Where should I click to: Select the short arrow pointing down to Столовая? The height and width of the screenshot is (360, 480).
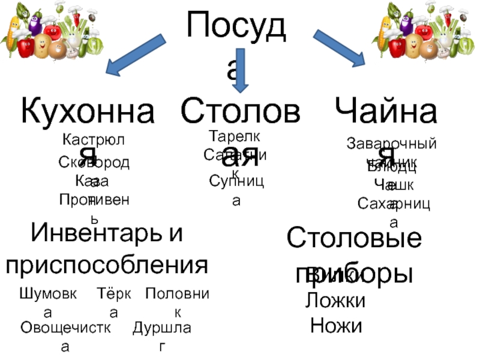(x=239, y=72)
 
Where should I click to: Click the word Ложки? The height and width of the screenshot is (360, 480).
(x=335, y=300)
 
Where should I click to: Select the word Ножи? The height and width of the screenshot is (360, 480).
(x=336, y=326)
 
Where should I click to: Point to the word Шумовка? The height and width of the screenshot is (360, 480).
(x=48, y=294)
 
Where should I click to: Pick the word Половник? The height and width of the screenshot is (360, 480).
(x=176, y=294)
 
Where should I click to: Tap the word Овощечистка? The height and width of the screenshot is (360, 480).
(x=65, y=328)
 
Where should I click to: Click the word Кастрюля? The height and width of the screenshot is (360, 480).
(x=93, y=141)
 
